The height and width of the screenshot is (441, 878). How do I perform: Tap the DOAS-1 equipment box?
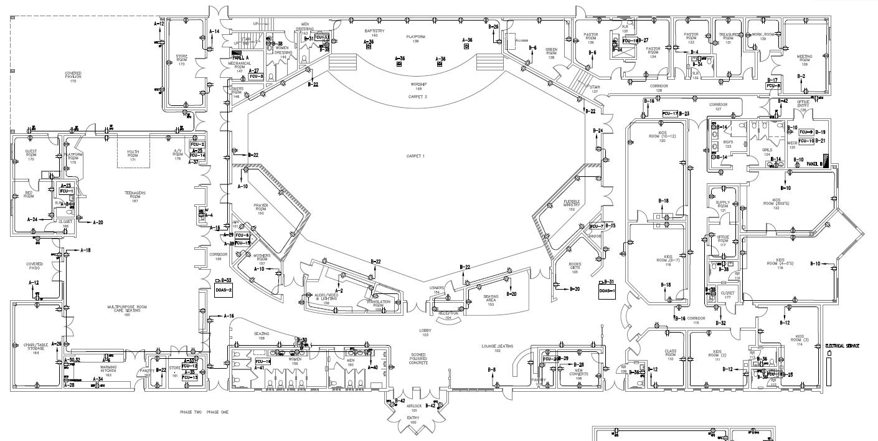607,290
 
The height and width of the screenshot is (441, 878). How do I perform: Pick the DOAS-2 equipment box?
223,290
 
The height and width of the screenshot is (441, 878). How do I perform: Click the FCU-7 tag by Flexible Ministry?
597,226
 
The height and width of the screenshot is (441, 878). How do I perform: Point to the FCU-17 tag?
670,113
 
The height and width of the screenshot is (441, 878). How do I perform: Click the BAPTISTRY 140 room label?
375,32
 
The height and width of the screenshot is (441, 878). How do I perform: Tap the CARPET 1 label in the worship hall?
415,155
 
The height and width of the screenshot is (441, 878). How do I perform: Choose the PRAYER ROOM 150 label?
260,209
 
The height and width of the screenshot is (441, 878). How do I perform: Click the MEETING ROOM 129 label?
805,60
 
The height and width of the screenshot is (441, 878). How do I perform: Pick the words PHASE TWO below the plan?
190,412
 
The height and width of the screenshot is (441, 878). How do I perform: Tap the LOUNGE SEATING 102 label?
497,348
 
